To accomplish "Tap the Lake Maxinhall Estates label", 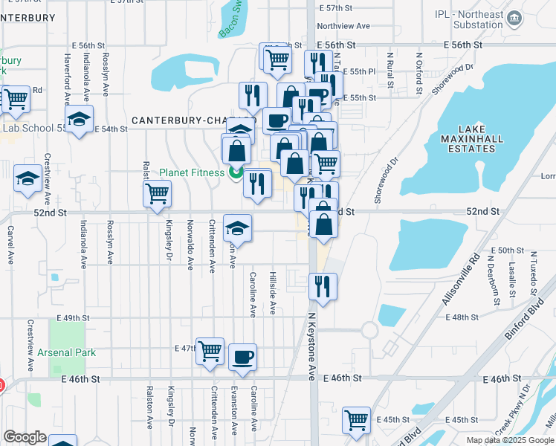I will click(467, 139).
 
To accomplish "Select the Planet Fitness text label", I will click(192, 172).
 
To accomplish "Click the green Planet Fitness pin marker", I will click(236, 173).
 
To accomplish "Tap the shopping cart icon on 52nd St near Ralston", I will click(157, 195).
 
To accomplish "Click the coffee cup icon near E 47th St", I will click(242, 357).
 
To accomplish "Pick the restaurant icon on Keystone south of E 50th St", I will click(323, 285).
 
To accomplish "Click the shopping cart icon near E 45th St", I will click(356, 419).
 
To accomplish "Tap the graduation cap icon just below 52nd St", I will click(237, 227).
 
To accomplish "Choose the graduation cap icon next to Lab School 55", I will click(79, 119).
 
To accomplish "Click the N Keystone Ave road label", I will click(312, 344).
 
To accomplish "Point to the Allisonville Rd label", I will click(471, 277).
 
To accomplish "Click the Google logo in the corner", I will click(25, 437).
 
